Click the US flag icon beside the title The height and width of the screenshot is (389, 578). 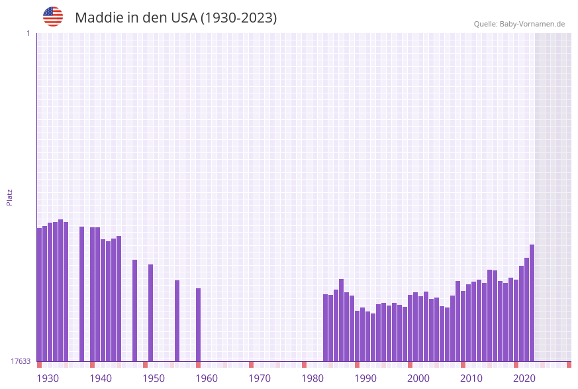click(x=53, y=17)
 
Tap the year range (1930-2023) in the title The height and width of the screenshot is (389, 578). click(x=238, y=18)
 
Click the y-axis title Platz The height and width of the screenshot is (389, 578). click(x=9, y=197)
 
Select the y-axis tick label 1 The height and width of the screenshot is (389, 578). click(x=28, y=33)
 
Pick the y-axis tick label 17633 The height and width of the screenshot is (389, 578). click(x=21, y=361)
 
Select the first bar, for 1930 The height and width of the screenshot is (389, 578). click(x=39, y=295)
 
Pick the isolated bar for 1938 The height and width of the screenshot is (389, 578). click(x=81, y=294)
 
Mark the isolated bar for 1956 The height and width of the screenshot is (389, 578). click(x=177, y=321)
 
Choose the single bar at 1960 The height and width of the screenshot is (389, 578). click(x=198, y=325)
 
